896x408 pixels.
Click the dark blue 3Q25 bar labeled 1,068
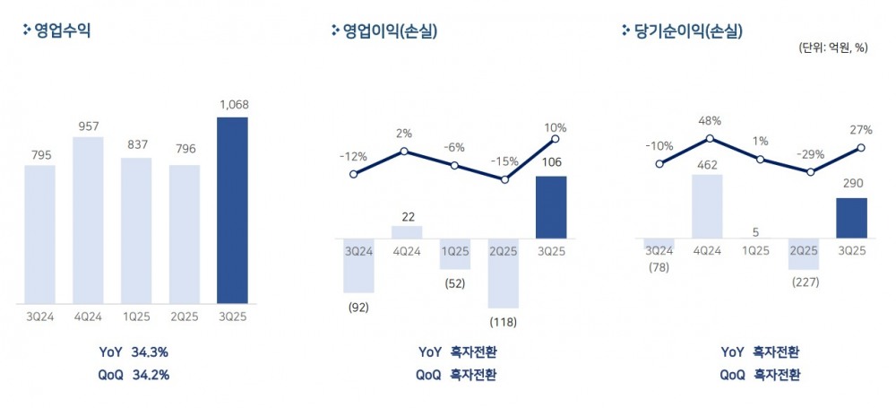232,210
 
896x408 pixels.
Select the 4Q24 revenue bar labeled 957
88,220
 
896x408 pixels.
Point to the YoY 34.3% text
134,352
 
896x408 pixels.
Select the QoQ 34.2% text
134,375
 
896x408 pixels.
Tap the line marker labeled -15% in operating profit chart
504,179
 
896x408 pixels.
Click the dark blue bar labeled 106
551,207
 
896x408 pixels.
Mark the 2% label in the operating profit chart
403,134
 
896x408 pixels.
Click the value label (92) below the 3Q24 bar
358,308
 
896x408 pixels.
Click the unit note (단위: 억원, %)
833,48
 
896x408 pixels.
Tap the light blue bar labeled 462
708,206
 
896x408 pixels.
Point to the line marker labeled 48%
709,138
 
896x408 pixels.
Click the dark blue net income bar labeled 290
851,218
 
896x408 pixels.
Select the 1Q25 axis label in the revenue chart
136,316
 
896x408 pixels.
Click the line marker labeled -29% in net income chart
810,171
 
